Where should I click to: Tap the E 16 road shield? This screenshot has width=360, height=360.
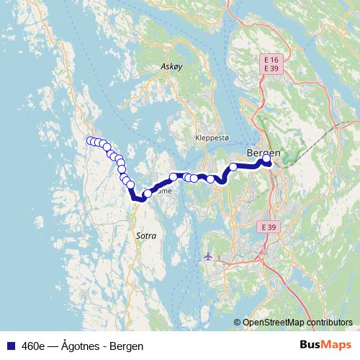point(271,58)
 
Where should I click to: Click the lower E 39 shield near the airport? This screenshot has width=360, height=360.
point(268,227)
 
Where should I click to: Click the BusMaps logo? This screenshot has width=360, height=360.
point(325,346)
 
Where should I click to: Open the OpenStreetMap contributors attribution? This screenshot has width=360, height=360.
point(297,323)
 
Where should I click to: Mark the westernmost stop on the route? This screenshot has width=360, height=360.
point(90,140)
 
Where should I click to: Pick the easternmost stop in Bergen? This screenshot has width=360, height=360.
point(266,158)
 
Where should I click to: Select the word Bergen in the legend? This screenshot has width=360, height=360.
point(127,346)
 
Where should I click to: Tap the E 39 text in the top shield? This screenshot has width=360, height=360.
point(271,68)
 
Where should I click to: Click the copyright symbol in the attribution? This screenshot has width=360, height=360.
point(238,323)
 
